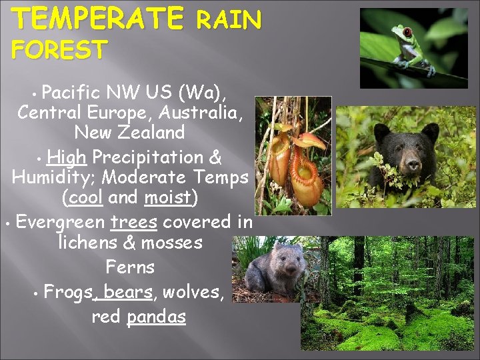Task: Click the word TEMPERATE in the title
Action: (99, 18)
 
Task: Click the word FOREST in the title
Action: (60, 49)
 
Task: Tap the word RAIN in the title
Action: (229, 21)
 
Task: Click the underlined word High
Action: (67, 157)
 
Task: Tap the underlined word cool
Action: (85, 198)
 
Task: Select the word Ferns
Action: (130, 267)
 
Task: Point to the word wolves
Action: (192, 291)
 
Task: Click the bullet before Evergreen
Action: (6, 223)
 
